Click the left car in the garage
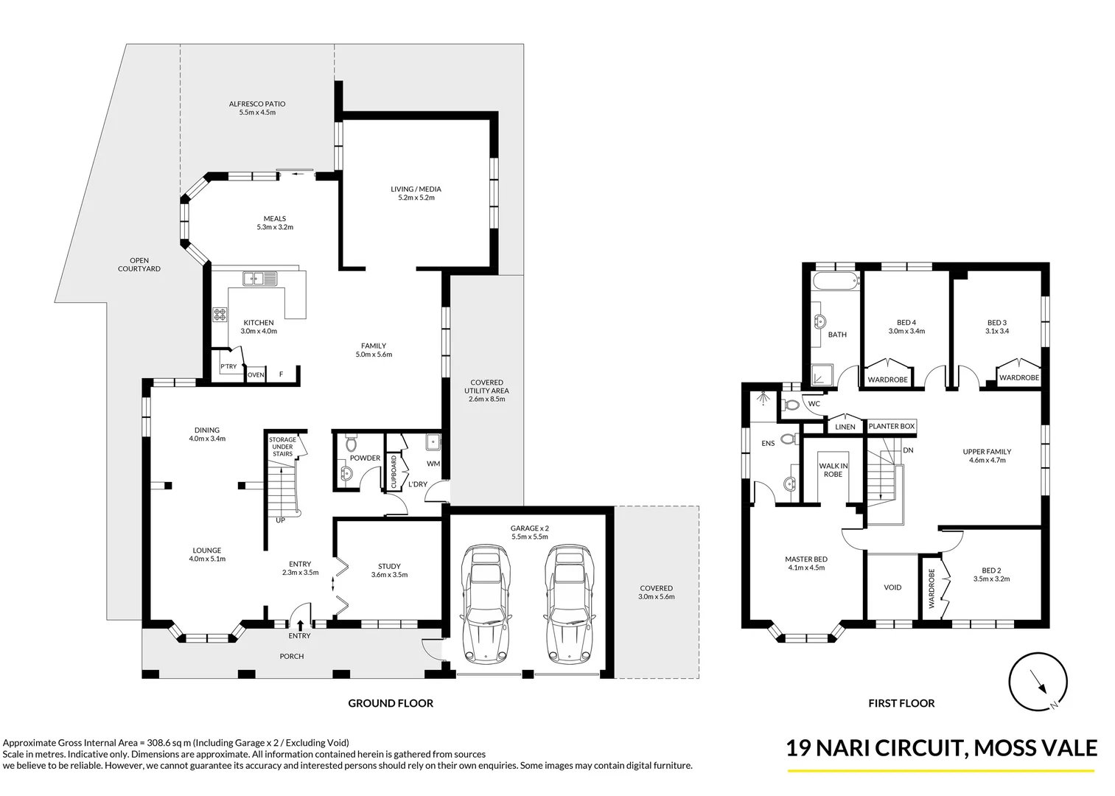tap(484, 605)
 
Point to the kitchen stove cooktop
tap(220, 315)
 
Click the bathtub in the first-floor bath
tap(836, 281)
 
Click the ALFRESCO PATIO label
tap(257, 104)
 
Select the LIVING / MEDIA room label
tap(416, 189)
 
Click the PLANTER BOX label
tap(891, 426)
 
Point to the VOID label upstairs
tap(892, 587)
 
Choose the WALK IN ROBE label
tap(833, 470)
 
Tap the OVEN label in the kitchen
tap(256, 375)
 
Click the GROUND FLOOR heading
tap(391, 703)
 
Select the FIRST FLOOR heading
tap(901, 703)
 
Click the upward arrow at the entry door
tap(301, 626)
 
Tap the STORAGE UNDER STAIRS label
tap(282, 447)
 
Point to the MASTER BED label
tap(805, 559)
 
